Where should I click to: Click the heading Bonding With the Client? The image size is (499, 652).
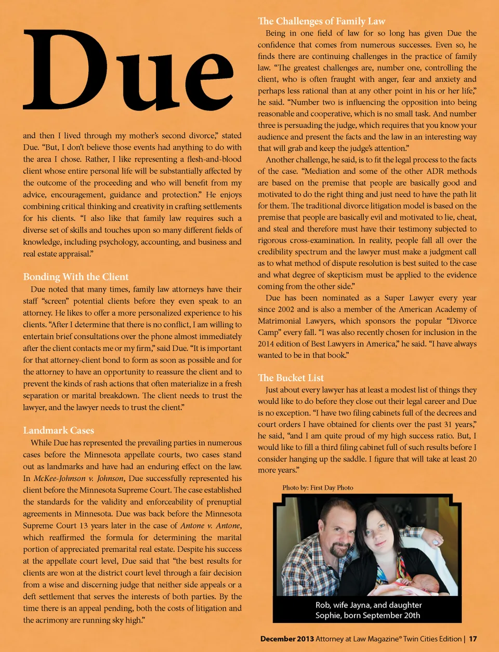pos(75,277)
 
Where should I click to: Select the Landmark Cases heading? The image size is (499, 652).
pos(58,430)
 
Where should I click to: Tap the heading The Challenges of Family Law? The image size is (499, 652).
pos(321,21)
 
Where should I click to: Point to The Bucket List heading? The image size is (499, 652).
pos(291,378)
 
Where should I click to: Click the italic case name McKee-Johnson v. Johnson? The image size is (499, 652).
pos(79,478)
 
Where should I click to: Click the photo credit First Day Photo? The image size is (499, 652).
pos(331,488)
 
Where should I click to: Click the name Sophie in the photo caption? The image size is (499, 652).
pos(329,616)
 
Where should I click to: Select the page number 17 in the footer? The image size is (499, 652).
pos(472,639)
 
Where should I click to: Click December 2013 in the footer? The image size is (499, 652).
pos(287,639)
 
